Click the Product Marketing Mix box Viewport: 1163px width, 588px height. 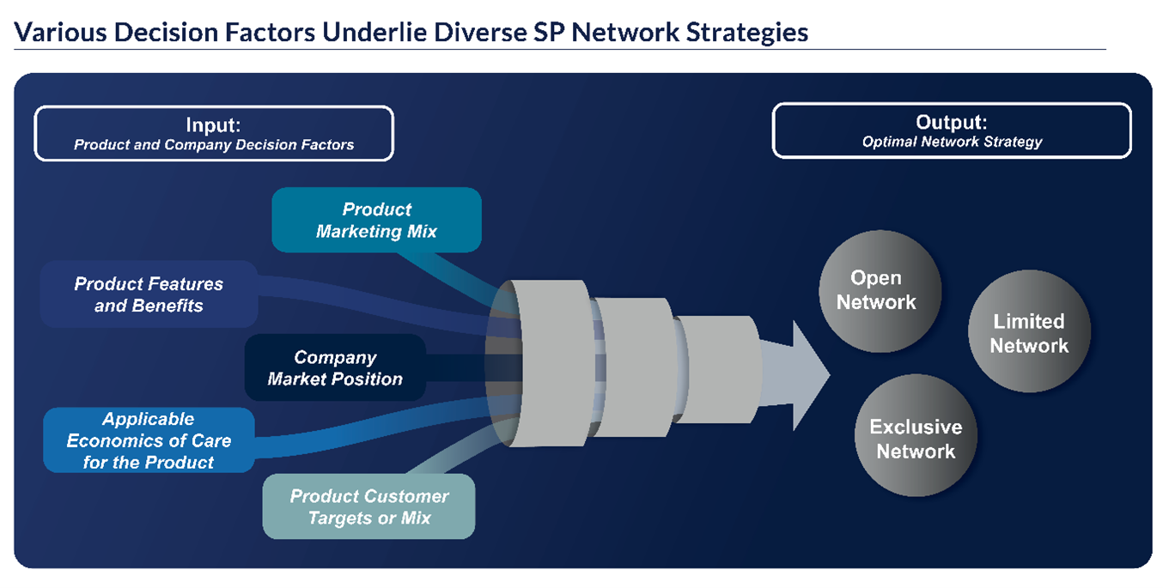tap(376, 221)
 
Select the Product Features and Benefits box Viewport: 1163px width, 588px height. tap(149, 294)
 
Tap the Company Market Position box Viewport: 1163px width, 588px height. tap(335, 368)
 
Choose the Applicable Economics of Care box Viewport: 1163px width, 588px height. tap(149, 440)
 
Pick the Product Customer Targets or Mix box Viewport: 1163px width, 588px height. tap(368, 506)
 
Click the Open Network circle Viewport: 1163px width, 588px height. tap(876, 290)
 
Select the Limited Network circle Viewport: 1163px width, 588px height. tap(1029, 333)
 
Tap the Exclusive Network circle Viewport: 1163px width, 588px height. tap(916, 439)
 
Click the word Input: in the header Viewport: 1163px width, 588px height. tap(213, 124)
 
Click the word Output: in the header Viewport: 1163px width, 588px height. tap(951, 122)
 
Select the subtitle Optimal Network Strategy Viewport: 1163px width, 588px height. tap(952, 142)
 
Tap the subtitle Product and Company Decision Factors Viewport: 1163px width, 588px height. tap(214, 145)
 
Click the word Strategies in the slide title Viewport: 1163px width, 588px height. tap(740, 33)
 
